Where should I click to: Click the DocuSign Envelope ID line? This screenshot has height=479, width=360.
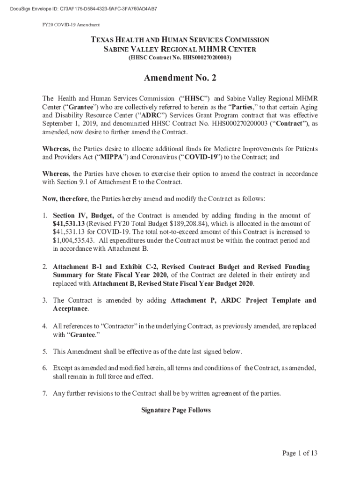pyautogui.click(x=80, y=9)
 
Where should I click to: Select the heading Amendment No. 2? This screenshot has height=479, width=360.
pyautogui.click(x=180, y=78)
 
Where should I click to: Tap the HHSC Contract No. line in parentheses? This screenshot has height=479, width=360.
pyautogui.click(x=180, y=58)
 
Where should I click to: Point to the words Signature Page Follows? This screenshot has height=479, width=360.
pyautogui.click(x=176, y=410)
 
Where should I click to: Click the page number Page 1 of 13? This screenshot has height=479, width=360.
pyautogui.click(x=300, y=453)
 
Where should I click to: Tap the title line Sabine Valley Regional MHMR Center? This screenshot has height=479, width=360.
pyautogui.click(x=180, y=49)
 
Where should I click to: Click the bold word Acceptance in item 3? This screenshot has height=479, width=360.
pyautogui.click(x=70, y=309)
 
